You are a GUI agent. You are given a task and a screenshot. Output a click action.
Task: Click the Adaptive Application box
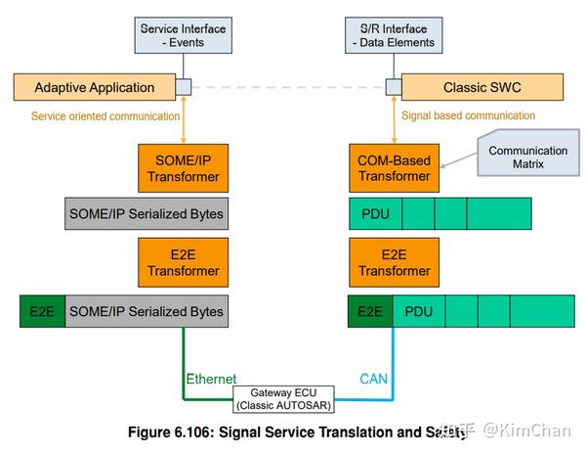click(x=94, y=88)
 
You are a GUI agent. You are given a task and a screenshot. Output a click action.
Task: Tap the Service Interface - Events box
click(x=183, y=36)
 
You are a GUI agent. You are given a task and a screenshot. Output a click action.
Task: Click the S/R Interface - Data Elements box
click(x=391, y=36)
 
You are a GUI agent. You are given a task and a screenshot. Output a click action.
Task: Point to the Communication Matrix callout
click(x=527, y=159)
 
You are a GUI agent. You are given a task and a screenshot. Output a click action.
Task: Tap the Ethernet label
click(x=211, y=379)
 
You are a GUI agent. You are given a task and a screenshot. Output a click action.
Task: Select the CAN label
click(x=372, y=379)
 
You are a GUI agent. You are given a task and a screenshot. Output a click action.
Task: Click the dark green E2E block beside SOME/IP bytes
click(x=40, y=311)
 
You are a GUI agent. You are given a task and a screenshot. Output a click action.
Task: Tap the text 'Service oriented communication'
click(x=105, y=116)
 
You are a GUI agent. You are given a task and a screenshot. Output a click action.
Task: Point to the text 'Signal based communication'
click(x=469, y=116)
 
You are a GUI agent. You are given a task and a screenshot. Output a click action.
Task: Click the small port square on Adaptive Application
click(x=183, y=88)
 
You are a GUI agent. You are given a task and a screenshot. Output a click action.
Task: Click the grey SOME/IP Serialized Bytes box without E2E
click(x=146, y=213)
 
